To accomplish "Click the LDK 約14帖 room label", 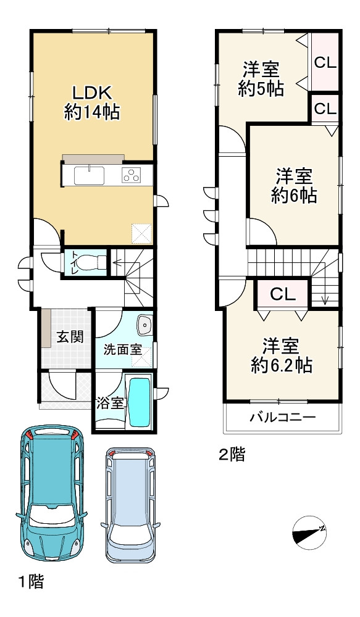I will click(92, 102).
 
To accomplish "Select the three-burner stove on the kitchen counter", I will click(132, 175).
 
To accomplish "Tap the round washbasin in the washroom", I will click(144, 323).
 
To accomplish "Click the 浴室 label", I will click(111, 404).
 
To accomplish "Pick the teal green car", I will click(51, 492).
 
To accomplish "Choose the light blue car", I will click(130, 503).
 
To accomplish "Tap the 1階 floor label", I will click(30, 581).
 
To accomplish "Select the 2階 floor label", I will click(232, 455).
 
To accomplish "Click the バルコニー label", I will click(282, 418).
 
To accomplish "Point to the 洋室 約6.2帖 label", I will click(281, 355).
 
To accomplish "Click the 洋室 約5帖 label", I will click(261, 79).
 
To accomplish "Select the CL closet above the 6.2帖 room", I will click(282, 294).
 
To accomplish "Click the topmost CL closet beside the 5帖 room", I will click(325, 62).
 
